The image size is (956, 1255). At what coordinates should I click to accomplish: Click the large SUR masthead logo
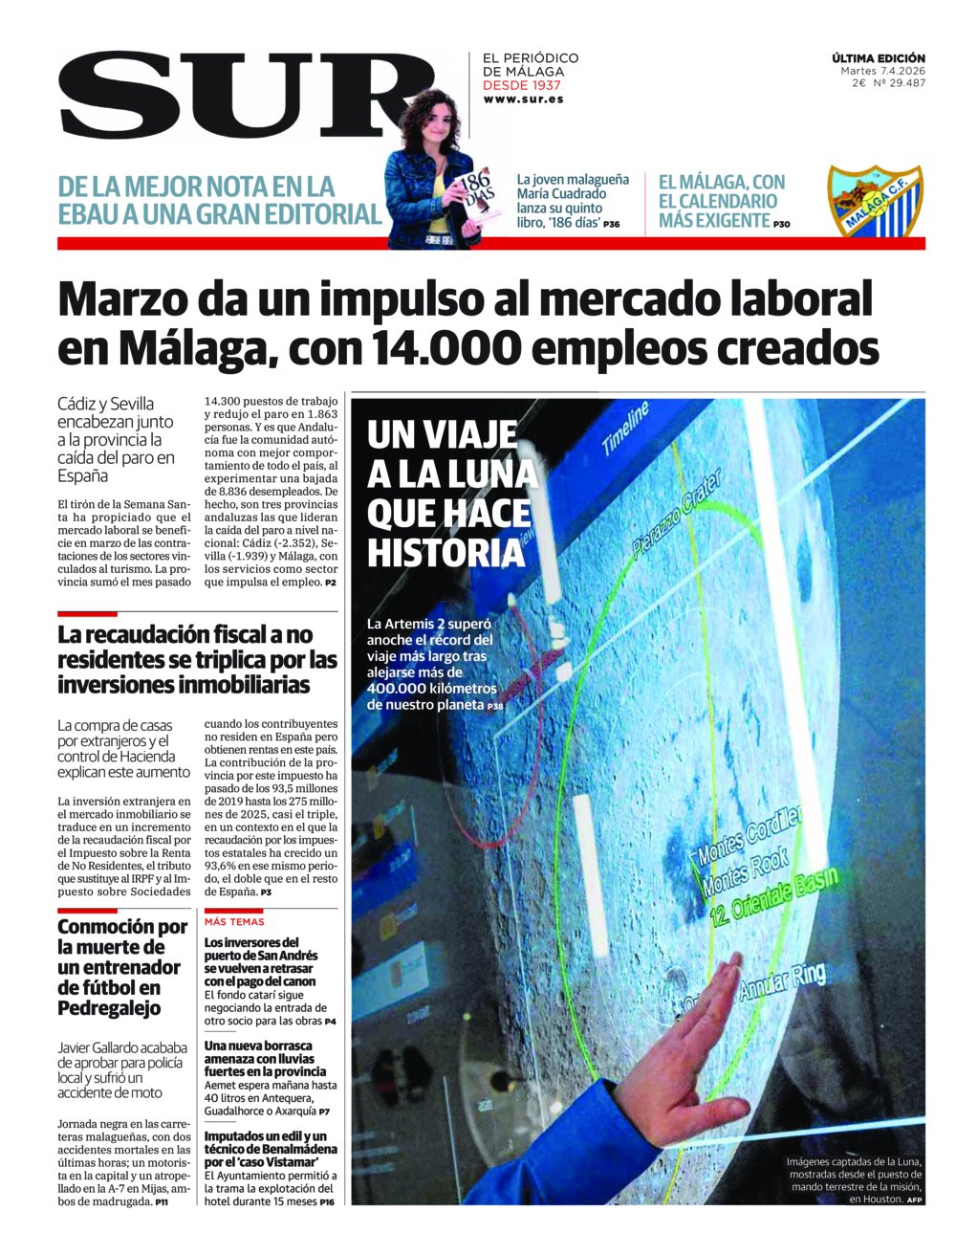coord(234,94)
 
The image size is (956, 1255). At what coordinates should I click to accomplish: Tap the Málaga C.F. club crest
coord(875,202)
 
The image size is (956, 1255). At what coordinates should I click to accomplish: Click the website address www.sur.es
coord(523,99)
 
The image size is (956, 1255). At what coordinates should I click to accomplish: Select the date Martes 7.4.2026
coord(882,71)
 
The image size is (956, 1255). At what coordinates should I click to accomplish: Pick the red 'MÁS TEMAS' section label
coord(234,922)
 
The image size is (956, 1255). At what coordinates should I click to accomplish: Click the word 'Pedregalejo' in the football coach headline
coord(109,1008)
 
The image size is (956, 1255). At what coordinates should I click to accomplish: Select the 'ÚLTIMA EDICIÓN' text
coord(878,58)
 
